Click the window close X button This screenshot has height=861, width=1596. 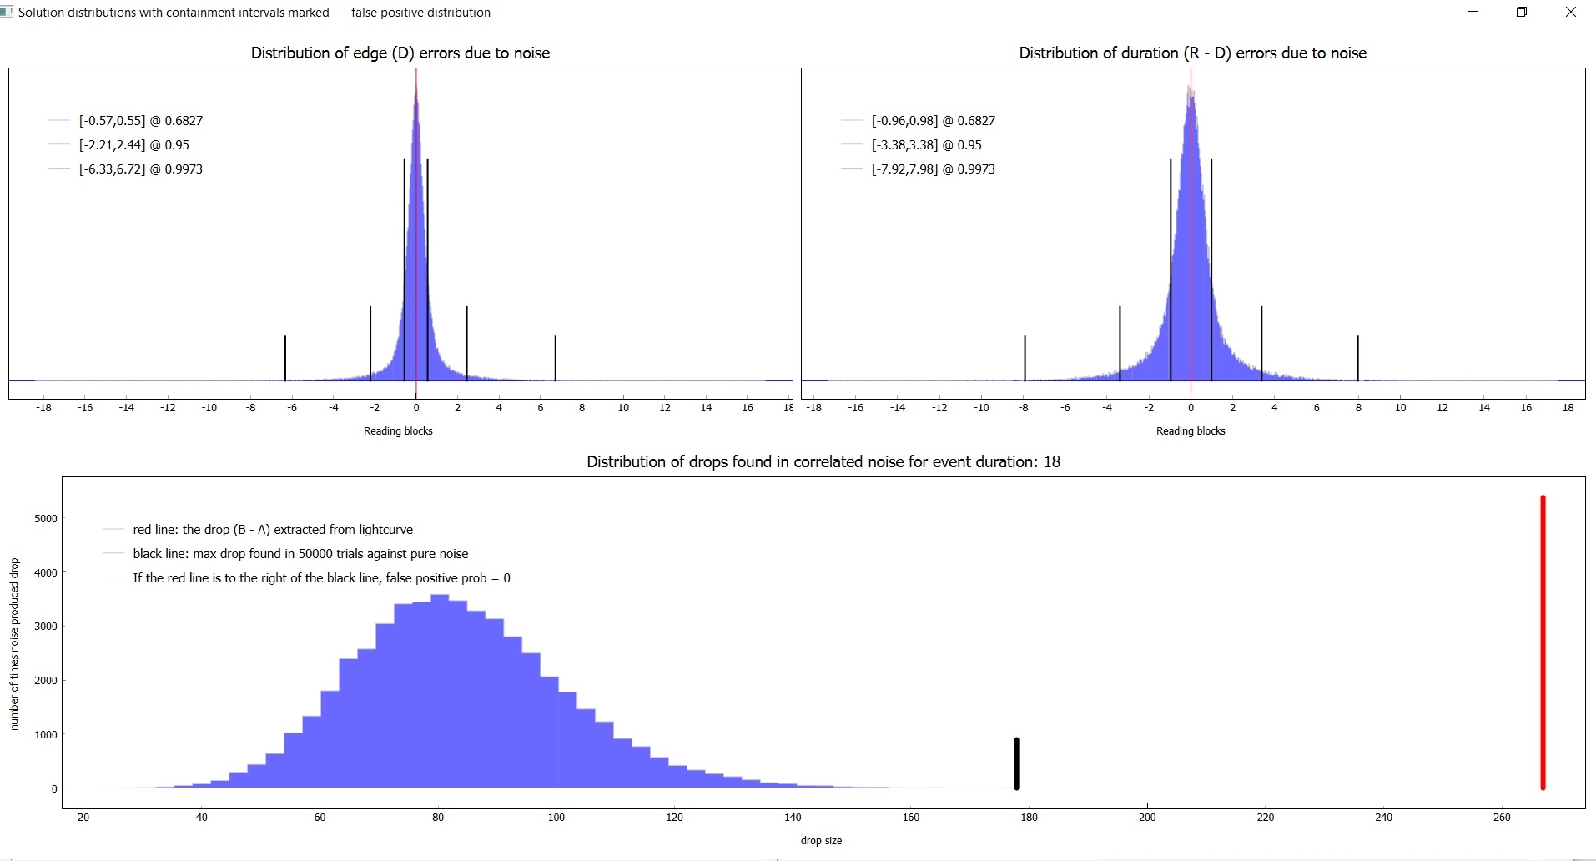click(x=1571, y=12)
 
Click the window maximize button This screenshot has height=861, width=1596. click(x=1522, y=12)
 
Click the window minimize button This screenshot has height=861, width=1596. click(x=1473, y=12)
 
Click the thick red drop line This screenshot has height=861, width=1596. click(x=1543, y=642)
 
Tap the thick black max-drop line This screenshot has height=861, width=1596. click(x=1016, y=763)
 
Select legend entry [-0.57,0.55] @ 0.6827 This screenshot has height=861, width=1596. click(x=141, y=121)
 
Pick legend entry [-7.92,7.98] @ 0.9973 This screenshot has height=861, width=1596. click(x=933, y=169)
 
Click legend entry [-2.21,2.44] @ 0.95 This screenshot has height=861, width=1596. click(x=134, y=145)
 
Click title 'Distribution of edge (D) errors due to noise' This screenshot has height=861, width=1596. click(x=400, y=53)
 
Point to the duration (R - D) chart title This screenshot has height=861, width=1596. click(x=1192, y=53)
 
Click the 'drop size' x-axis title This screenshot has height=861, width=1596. click(x=821, y=841)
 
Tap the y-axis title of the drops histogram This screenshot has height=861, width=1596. click(x=14, y=644)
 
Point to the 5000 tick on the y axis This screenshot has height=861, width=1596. click(x=46, y=519)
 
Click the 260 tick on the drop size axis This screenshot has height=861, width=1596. click(x=1502, y=818)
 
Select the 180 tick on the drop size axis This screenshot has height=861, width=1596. click(x=1029, y=818)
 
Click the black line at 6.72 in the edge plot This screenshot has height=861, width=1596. click(x=555, y=358)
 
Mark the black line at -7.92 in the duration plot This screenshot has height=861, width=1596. click(x=1025, y=358)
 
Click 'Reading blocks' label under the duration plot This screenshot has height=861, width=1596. click(x=1191, y=431)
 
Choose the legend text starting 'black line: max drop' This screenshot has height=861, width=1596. click(x=300, y=554)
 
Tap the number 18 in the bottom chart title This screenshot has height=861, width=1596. click(x=1051, y=462)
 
